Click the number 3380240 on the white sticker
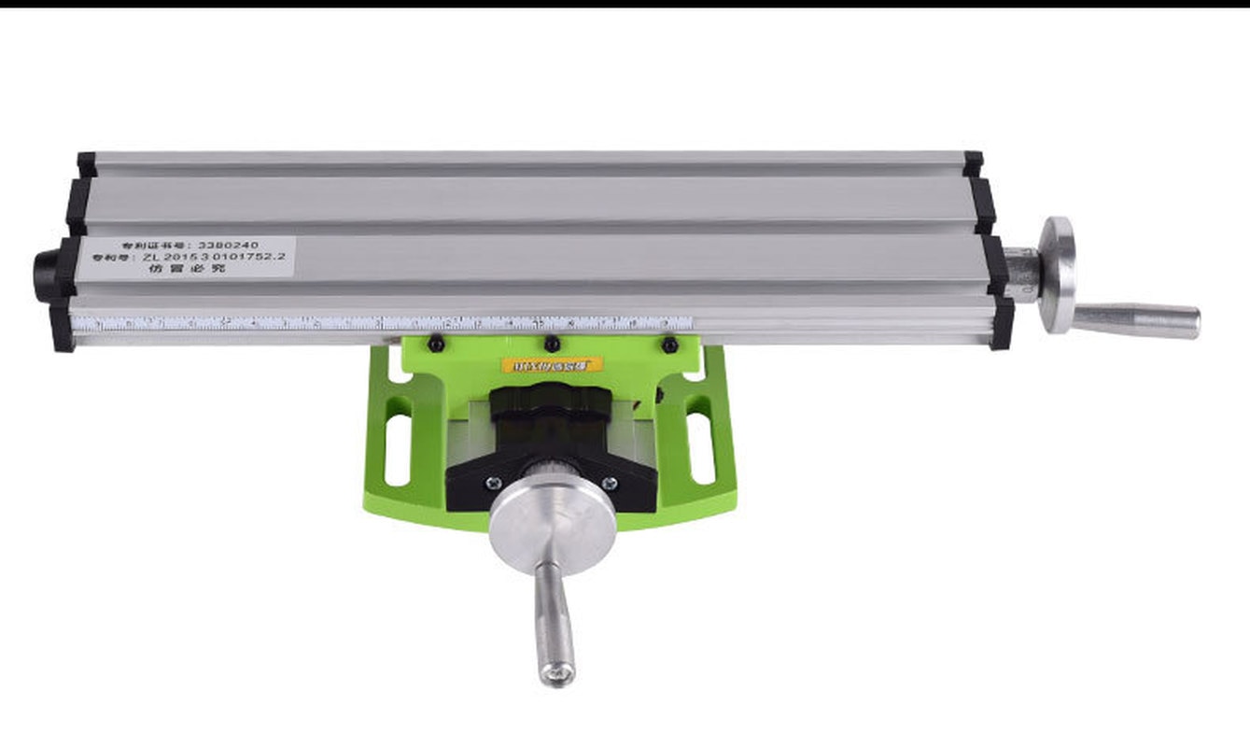[x=228, y=245]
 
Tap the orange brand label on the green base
[x=552, y=365]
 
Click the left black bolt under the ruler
[x=435, y=345]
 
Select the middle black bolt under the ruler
[x=552, y=345]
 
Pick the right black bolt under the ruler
[x=669, y=345]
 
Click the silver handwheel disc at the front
[x=552, y=519]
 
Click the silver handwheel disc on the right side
[x=1057, y=275]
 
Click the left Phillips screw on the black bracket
[x=493, y=483]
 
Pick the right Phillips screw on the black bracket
[x=610, y=483]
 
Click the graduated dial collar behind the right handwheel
[x=1023, y=275]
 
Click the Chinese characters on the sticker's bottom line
[x=187, y=269]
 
